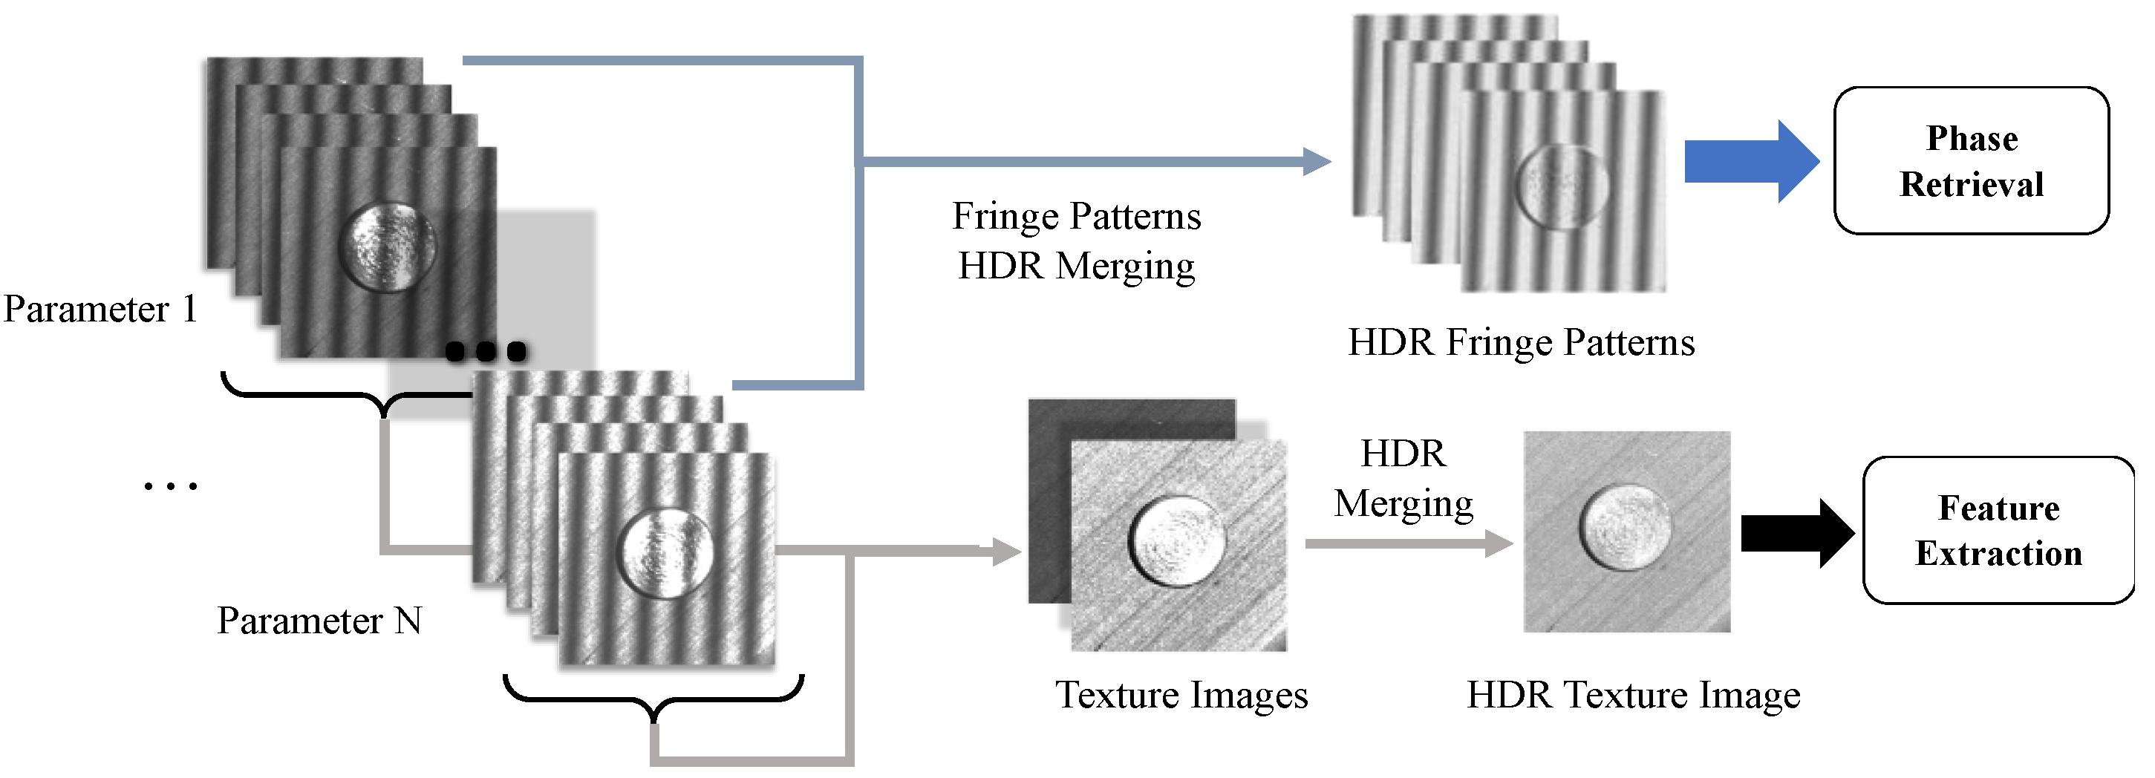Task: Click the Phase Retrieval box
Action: click(1970, 160)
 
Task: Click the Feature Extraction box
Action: click(1997, 530)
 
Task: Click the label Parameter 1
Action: click(100, 310)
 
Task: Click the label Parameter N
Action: click(319, 621)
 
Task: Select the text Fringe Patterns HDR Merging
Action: click(1076, 241)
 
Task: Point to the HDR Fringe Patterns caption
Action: click(1520, 342)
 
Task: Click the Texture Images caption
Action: click(1181, 694)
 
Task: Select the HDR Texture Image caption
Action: click(1632, 694)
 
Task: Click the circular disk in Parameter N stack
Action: click(667, 552)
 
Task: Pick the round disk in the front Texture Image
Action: click(1177, 541)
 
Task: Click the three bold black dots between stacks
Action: click(485, 350)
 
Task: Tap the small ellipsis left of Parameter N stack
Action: click(171, 486)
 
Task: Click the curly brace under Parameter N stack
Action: click(653, 698)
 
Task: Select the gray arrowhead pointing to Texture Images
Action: click(1006, 552)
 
